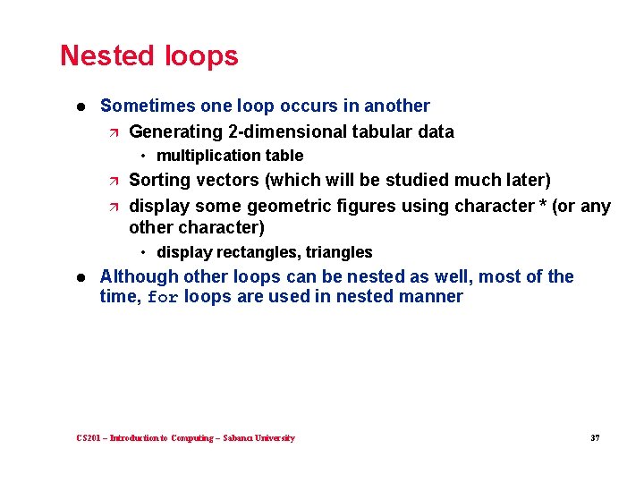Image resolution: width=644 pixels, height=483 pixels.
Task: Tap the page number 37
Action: [595, 438]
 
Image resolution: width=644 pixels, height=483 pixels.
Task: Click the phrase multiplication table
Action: [230, 156]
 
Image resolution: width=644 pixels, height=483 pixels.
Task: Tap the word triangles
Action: [339, 252]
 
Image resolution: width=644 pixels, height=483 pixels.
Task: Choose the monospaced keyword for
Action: [164, 297]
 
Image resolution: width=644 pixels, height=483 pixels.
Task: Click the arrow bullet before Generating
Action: [112, 132]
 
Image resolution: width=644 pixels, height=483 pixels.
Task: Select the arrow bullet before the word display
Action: [112, 207]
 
